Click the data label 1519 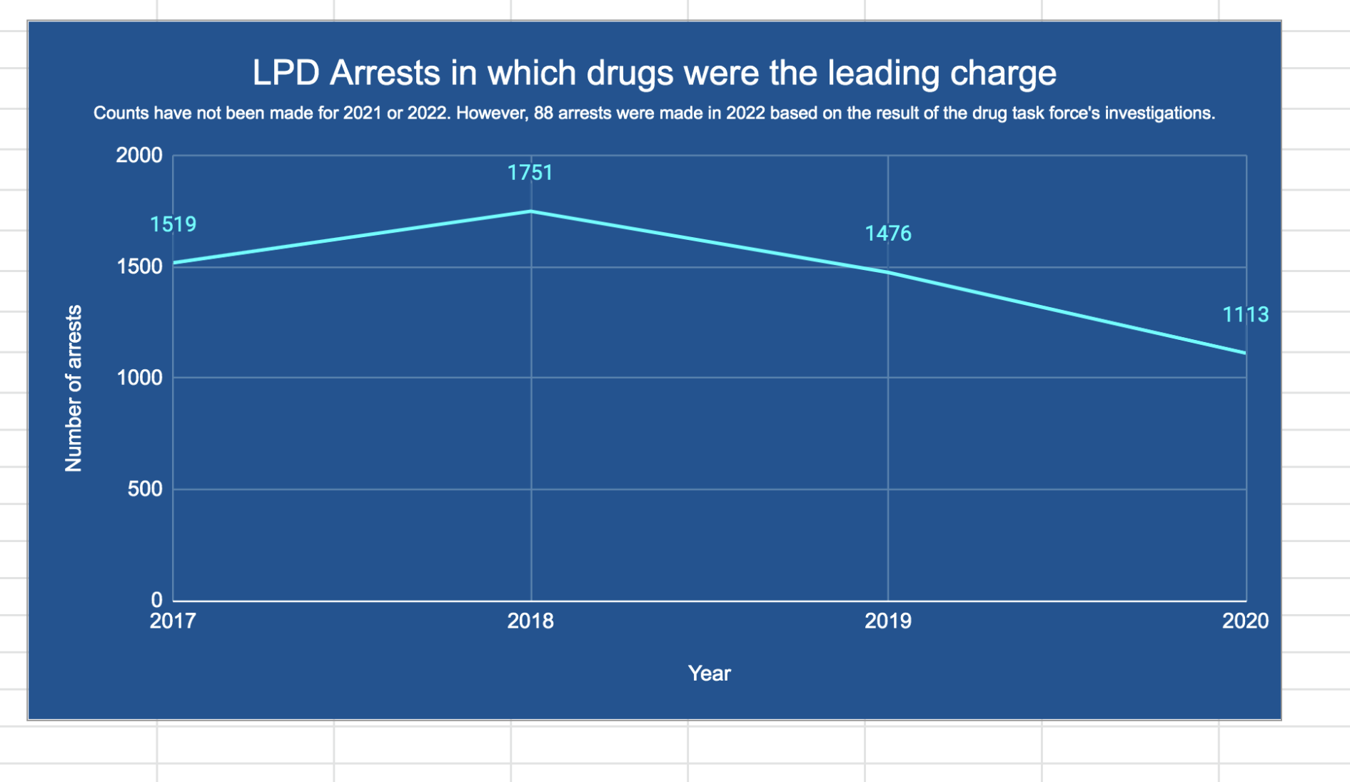click(x=173, y=224)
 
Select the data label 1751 click(x=530, y=173)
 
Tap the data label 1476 click(x=888, y=234)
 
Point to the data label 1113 click(x=1245, y=314)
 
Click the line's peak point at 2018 click(x=531, y=211)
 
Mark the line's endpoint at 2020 click(x=1245, y=353)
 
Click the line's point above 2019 click(x=888, y=272)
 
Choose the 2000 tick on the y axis click(x=139, y=155)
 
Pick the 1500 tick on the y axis click(x=139, y=266)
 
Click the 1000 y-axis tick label click(x=139, y=378)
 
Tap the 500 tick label click(x=145, y=489)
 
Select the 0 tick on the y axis click(x=156, y=600)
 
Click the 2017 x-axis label click(x=173, y=621)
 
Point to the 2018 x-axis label click(x=530, y=621)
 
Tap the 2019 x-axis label click(x=888, y=621)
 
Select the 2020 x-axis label click(x=1245, y=621)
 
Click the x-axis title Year click(x=709, y=673)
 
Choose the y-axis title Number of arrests click(x=74, y=389)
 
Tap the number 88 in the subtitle click(x=543, y=114)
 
